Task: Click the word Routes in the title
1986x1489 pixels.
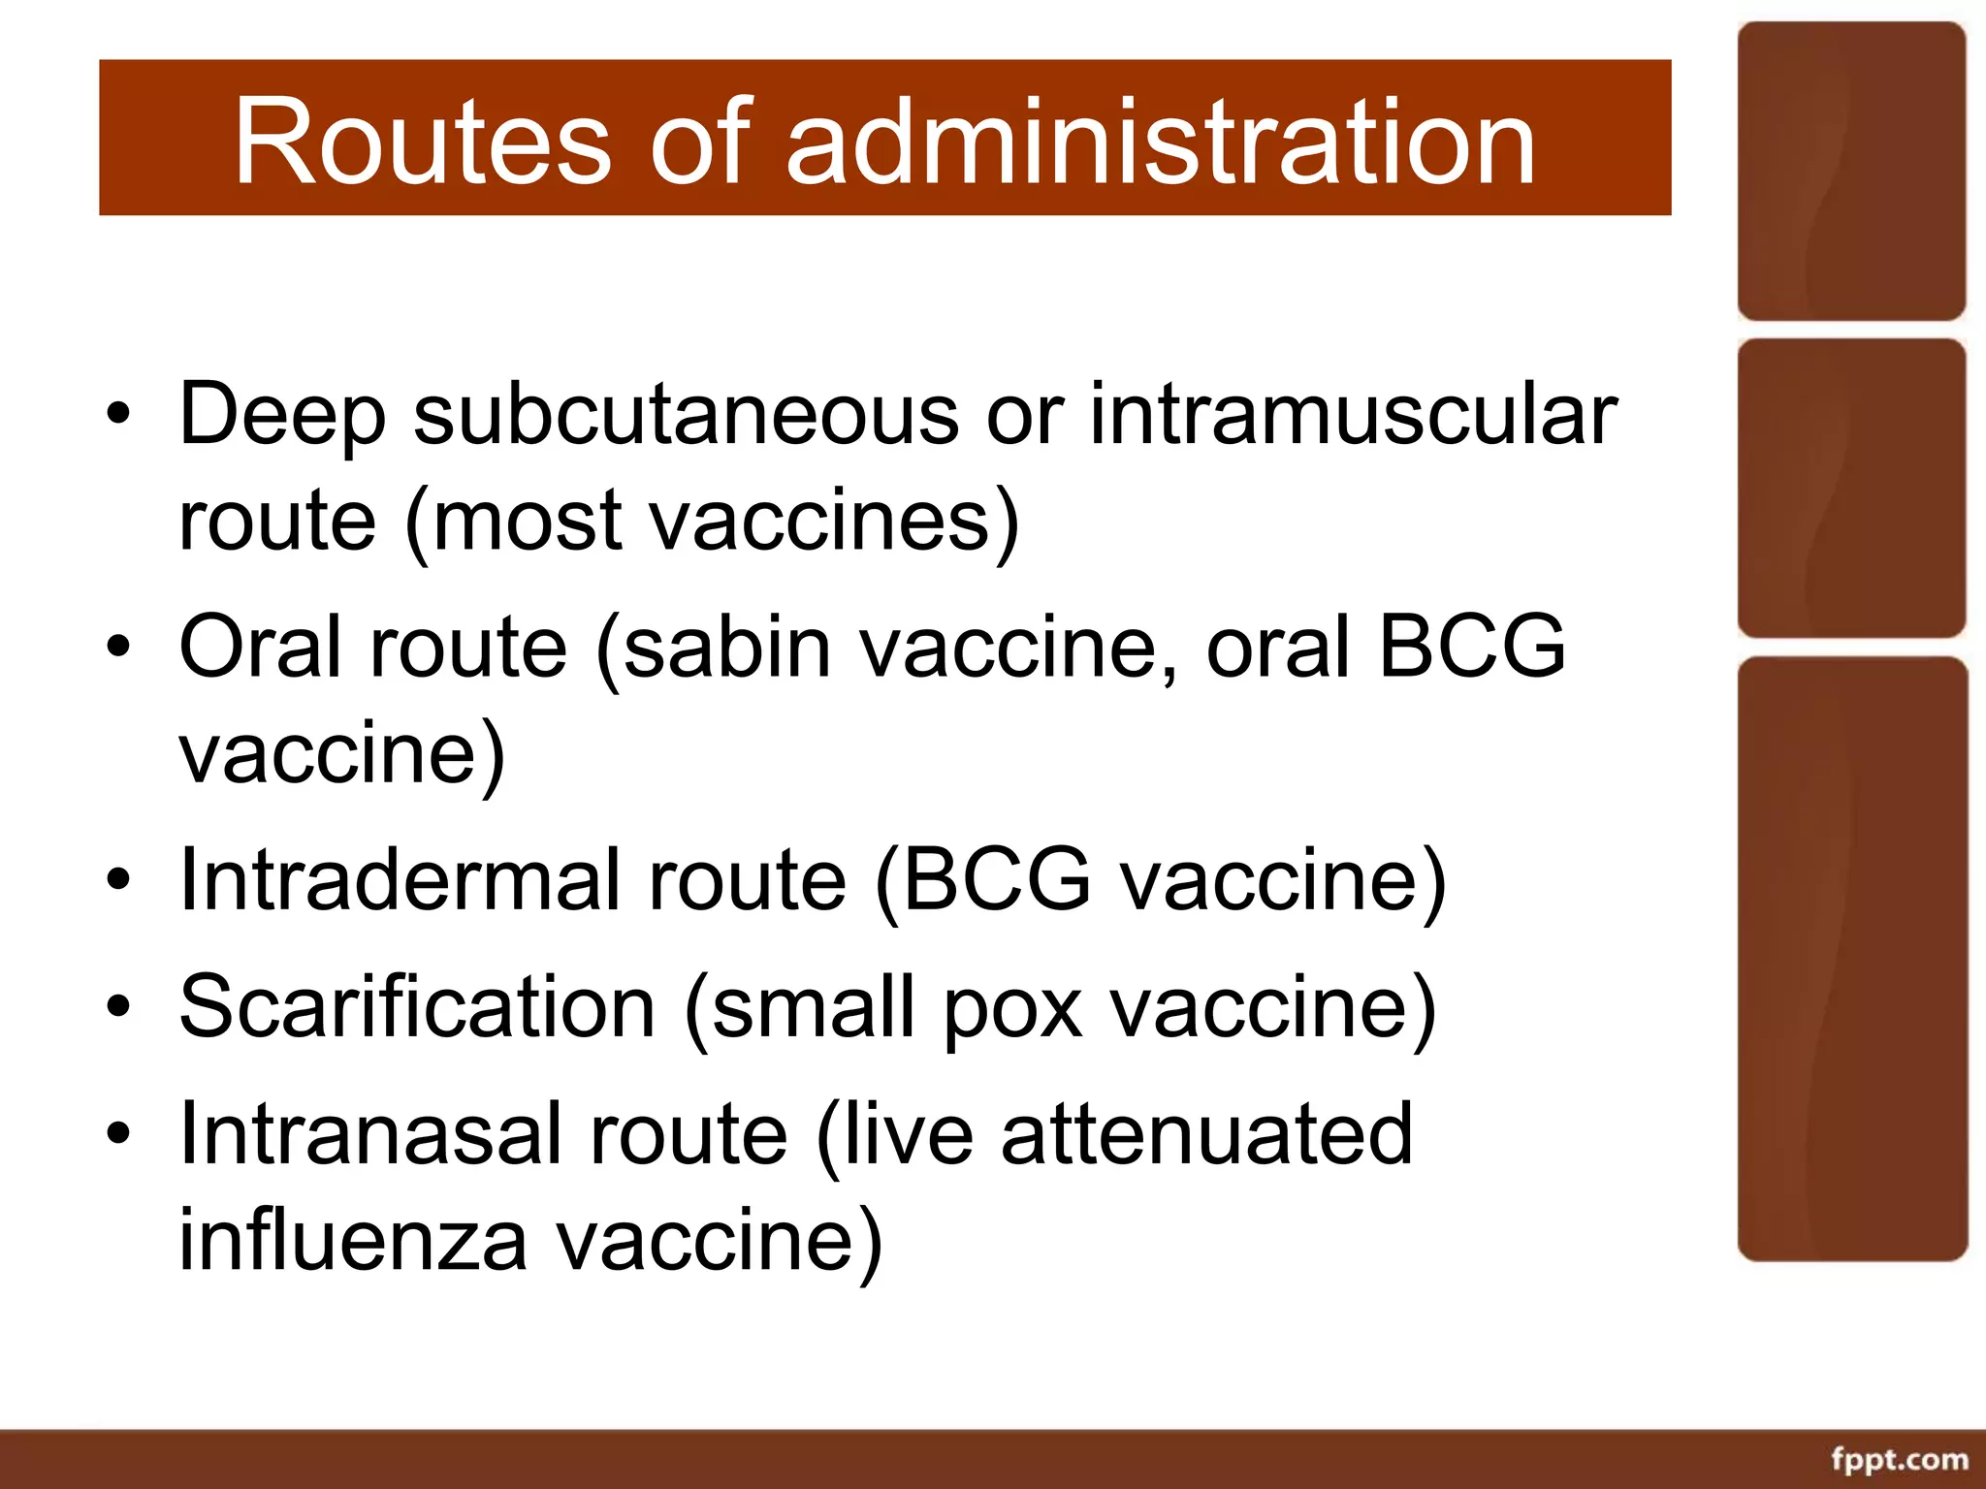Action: click(x=422, y=143)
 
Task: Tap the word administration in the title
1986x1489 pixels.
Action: click(x=1161, y=143)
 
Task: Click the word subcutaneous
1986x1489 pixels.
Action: click(x=686, y=415)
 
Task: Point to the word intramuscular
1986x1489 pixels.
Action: click(x=1354, y=415)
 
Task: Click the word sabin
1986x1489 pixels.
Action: click(x=727, y=647)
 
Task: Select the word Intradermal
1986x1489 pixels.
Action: click(x=400, y=879)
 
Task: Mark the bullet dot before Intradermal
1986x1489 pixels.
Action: click(x=118, y=879)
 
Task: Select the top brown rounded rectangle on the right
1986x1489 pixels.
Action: click(x=1851, y=172)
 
